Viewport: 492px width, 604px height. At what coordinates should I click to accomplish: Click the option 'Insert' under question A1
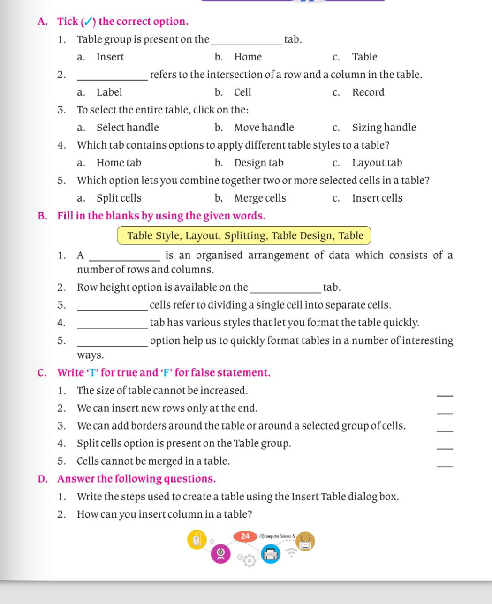[110, 57]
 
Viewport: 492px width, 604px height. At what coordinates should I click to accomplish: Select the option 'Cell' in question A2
[242, 92]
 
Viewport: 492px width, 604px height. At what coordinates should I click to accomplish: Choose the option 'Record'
[368, 92]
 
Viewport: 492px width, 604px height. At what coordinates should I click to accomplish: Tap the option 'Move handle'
[264, 128]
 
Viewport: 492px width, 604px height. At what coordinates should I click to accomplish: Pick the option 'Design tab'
[258, 163]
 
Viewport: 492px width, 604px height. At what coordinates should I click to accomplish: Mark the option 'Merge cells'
[260, 198]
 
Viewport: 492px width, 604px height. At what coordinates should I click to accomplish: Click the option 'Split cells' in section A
[119, 198]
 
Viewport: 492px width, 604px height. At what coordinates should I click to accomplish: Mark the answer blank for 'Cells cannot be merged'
[445, 466]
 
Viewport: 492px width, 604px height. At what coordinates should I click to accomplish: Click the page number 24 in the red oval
[245, 536]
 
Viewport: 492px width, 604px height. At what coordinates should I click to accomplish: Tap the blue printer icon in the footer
[270, 554]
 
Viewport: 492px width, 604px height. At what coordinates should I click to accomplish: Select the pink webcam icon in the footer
[220, 555]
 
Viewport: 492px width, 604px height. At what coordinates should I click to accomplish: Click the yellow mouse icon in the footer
[197, 540]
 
